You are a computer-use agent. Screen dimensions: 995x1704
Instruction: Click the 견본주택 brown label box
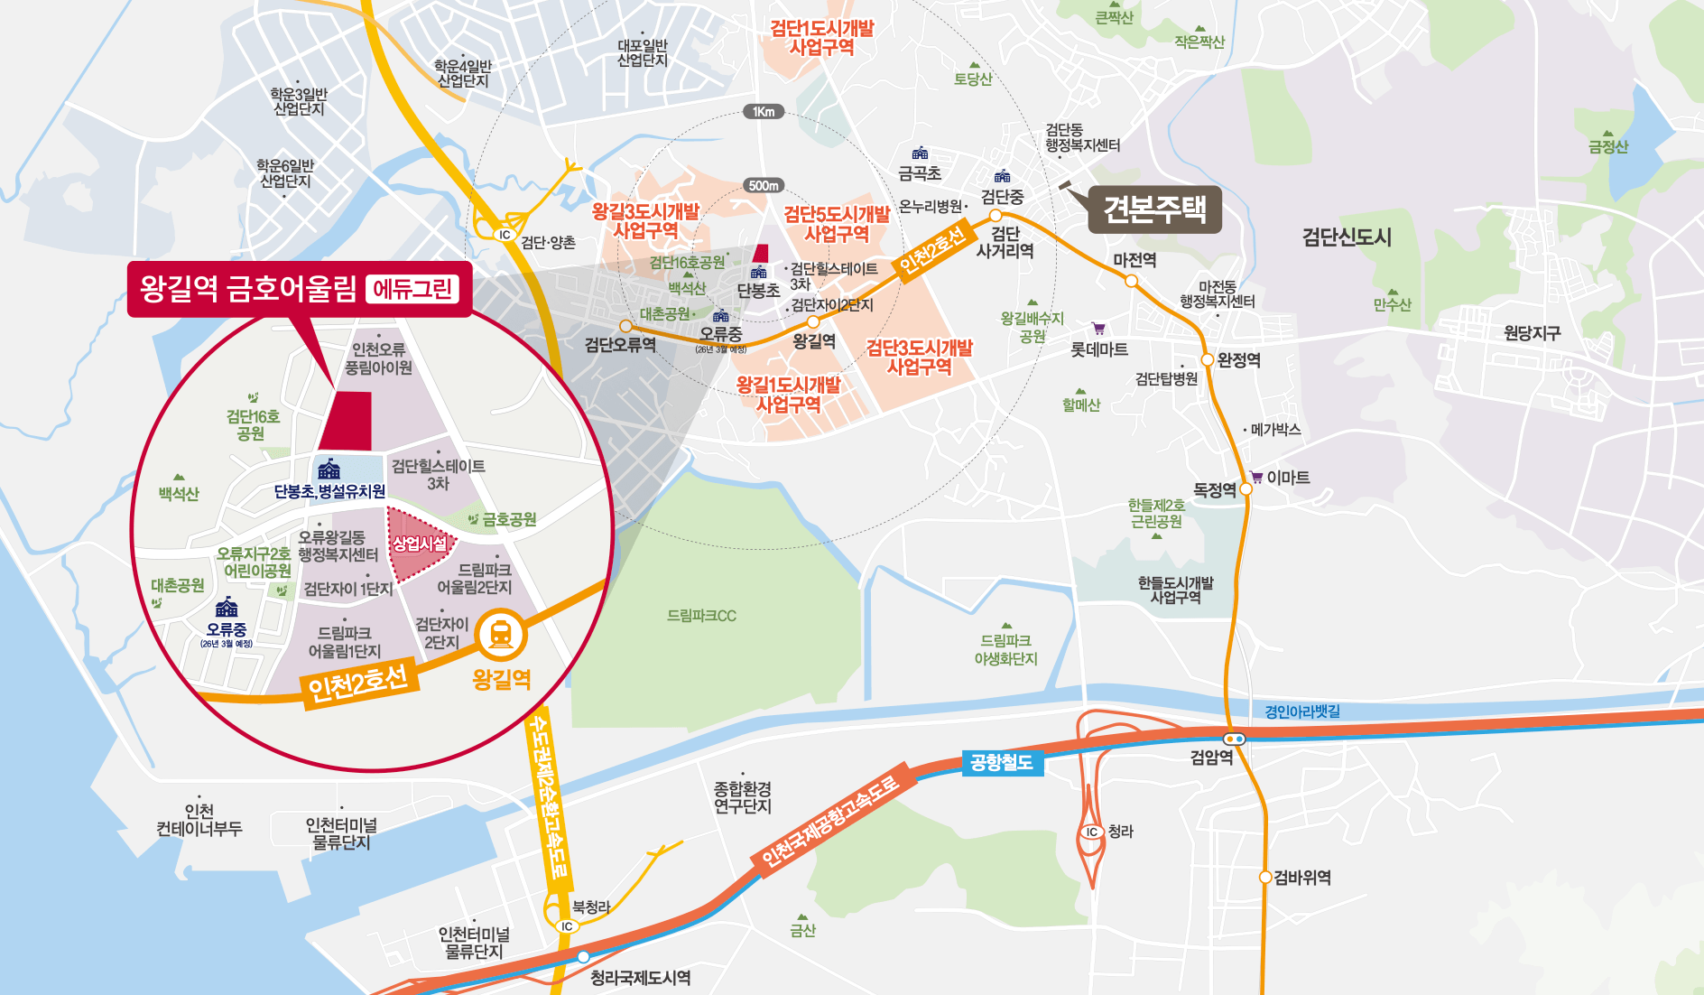[x=1154, y=209]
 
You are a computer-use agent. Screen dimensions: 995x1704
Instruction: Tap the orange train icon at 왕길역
[x=502, y=635]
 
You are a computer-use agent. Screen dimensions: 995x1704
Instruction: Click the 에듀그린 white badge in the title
[x=412, y=289]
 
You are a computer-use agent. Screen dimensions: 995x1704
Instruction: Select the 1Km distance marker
[x=764, y=112]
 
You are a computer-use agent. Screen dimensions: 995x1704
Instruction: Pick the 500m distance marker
[x=764, y=185]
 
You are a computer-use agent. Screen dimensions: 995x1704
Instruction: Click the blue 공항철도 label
[x=1001, y=763]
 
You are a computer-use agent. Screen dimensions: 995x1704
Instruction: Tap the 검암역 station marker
[x=1234, y=739]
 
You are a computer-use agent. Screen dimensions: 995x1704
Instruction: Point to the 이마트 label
[x=1287, y=478]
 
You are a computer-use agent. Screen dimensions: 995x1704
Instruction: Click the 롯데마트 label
[x=1098, y=349]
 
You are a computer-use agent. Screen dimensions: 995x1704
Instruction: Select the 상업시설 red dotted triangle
[x=418, y=544]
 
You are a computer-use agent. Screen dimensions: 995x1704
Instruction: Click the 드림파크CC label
[x=701, y=616]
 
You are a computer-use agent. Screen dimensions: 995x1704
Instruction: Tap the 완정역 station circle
[x=1207, y=359]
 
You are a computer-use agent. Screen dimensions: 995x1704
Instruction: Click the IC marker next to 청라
[x=1092, y=832]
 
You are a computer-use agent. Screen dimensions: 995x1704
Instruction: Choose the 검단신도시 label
[x=1346, y=237]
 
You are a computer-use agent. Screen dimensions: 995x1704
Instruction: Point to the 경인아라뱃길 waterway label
[x=1301, y=711]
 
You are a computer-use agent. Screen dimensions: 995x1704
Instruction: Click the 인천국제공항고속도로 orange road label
[x=830, y=822]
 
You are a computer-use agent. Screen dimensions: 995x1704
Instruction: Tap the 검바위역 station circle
[x=1265, y=877]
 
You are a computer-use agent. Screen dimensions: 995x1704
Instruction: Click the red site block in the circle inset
[x=347, y=421]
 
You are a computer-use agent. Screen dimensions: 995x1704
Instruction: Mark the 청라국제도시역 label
[x=640, y=978]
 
